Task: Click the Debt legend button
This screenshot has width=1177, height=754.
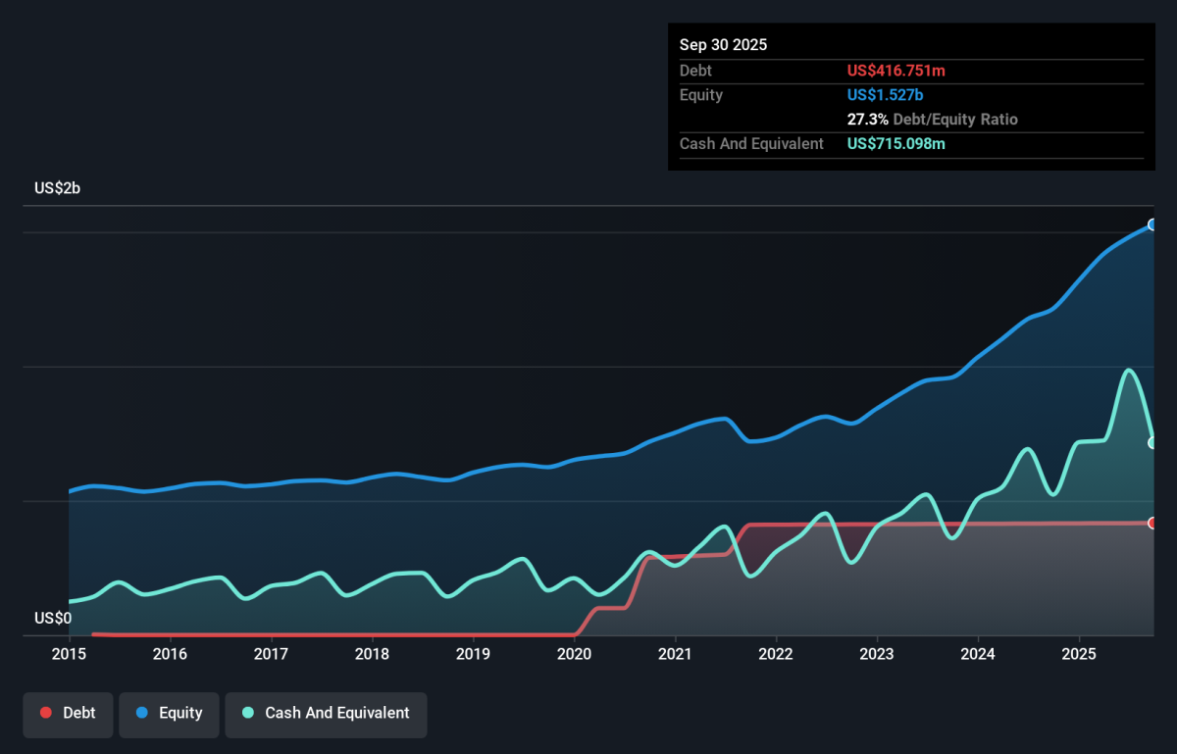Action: tap(68, 713)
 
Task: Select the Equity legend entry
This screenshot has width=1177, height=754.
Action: tap(169, 713)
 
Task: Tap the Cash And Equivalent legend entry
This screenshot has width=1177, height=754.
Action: tap(326, 713)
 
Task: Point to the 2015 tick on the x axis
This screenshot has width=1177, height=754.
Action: tap(69, 653)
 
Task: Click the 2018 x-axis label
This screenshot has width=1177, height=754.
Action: tap(372, 653)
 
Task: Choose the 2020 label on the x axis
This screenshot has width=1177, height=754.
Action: tap(574, 653)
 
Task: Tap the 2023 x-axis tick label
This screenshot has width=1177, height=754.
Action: tap(877, 653)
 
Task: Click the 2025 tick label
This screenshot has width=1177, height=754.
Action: tap(1079, 653)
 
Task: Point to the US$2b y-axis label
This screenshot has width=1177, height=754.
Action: tap(57, 188)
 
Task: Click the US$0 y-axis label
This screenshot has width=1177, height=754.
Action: tap(53, 618)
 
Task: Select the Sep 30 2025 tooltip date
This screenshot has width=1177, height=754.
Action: tap(723, 45)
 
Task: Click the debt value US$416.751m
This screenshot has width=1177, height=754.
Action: tap(896, 71)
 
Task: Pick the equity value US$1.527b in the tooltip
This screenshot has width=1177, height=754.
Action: tap(885, 95)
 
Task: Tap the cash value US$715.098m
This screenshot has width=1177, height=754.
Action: tap(896, 144)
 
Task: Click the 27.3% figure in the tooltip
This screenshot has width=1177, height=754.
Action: tap(866, 120)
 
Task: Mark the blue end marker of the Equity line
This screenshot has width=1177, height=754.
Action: tap(1153, 225)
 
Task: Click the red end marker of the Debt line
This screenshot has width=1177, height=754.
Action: tap(1153, 523)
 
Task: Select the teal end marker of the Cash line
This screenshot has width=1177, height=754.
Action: tap(1153, 442)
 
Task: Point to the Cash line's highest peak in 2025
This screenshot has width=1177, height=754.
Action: tap(1129, 370)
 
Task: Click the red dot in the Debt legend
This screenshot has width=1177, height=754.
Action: tap(46, 713)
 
